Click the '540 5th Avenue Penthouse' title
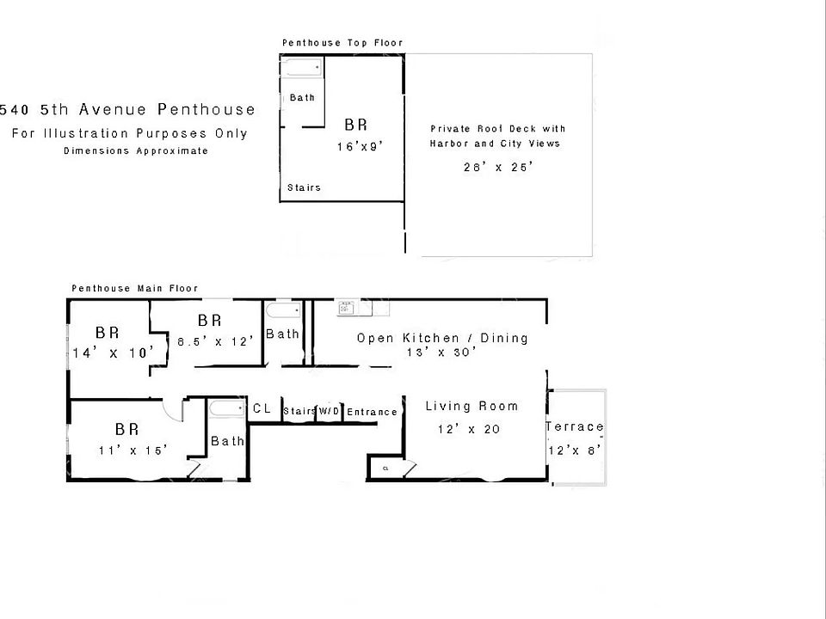[x=128, y=109]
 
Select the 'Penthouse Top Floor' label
[x=342, y=43]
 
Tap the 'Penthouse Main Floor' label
[x=134, y=289]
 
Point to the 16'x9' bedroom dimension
[x=359, y=147]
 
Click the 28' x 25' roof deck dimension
[x=498, y=168]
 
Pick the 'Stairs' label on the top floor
[x=304, y=187]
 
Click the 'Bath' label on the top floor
[x=302, y=98]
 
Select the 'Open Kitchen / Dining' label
[x=442, y=338]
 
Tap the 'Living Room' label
[x=472, y=407]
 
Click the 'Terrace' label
[x=575, y=427]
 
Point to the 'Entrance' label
[x=372, y=412]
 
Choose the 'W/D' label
[x=330, y=412]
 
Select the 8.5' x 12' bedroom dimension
[x=216, y=340]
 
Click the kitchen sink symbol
[x=347, y=307]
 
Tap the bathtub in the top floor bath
[x=301, y=66]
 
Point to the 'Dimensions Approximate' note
[x=136, y=151]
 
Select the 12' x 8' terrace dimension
[x=574, y=450]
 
